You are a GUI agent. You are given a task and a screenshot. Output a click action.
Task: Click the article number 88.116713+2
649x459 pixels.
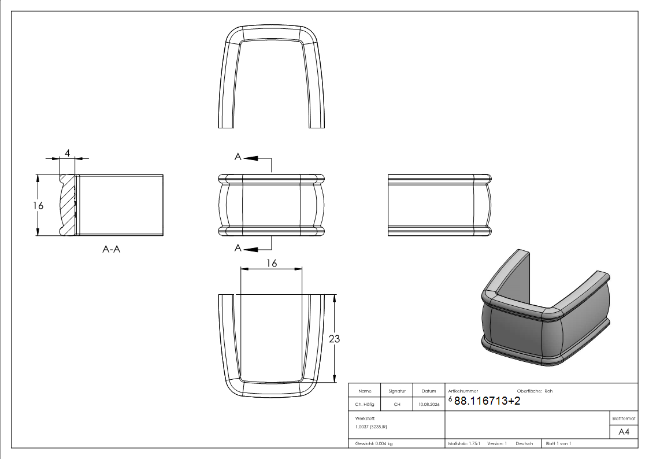coord(487,401)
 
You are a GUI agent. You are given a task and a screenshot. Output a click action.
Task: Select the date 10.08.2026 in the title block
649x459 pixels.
coord(429,404)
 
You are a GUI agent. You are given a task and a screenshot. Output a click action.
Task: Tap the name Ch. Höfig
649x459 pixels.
coord(364,404)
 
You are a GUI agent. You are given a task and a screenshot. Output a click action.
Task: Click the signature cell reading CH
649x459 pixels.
coord(397,404)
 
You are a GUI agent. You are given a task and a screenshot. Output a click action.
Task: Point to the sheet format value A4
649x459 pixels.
coord(624,432)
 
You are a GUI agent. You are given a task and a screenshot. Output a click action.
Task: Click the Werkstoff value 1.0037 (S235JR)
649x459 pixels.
coord(371,426)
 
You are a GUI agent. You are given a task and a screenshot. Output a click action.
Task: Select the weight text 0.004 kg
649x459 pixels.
coord(384,443)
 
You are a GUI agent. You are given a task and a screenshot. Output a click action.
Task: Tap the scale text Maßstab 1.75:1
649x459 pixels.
coord(464,443)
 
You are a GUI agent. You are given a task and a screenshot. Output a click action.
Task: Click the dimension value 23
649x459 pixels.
coord(334,339)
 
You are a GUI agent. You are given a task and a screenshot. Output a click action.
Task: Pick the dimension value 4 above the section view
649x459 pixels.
coord(68,153)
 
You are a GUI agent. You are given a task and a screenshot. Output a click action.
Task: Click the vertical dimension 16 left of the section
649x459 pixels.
coord(38,205)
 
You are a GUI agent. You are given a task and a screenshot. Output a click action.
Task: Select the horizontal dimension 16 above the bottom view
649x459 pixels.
coord(272,263)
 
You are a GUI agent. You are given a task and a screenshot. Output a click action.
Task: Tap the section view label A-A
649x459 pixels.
coord(112,249)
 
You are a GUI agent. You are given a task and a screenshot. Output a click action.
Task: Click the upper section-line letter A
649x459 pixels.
coord(238,157)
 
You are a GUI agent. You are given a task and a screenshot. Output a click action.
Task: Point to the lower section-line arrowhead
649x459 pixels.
coord(251,249)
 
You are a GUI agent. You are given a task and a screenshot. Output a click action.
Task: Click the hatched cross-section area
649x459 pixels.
coord(68,206)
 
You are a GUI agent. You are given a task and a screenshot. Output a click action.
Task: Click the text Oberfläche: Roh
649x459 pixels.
coord(535,391)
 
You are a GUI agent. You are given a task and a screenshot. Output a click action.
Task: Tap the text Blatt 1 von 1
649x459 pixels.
coord(558,443)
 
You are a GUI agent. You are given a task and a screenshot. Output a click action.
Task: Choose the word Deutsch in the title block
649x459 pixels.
coord(524,443)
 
